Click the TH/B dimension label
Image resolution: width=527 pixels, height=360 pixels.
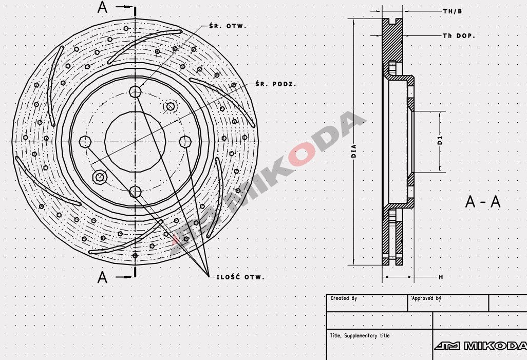click(452, 11)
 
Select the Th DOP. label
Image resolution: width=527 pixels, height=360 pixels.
click(459, 36)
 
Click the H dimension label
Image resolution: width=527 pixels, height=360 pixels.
click(440, 277)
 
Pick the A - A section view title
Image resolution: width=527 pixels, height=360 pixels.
click(482, 202)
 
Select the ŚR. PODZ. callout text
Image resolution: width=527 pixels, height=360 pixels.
click(275, 84)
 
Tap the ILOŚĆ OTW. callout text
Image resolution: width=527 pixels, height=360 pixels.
click(237, 277)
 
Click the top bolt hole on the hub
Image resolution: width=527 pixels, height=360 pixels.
click(135, 92)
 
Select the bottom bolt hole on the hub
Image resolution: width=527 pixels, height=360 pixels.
click(135, 192)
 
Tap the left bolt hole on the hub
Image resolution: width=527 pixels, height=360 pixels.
click(85, 141)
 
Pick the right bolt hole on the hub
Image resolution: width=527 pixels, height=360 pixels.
click(185, 141)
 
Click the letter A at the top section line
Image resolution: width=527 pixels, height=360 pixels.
click(103, 7)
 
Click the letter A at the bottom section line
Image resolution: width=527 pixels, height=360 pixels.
click(103, 277)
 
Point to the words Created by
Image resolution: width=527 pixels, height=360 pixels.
click(344, 298)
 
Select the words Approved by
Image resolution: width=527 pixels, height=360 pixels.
click(426, 298)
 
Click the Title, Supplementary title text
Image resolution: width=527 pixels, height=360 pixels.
click(360, 335)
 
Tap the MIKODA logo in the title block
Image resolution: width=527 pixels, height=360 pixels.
click(480, 346)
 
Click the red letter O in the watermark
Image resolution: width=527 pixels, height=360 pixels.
click(302, 154)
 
